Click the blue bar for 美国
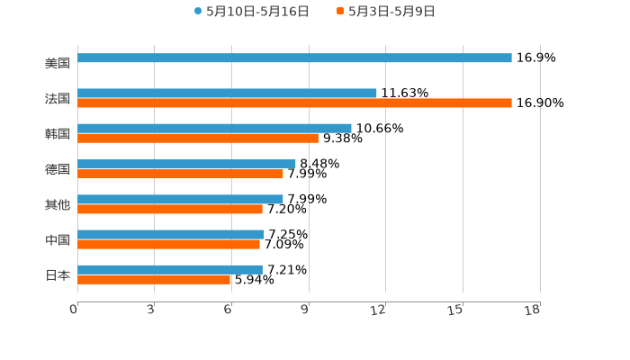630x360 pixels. point(294,58)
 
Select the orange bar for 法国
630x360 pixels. point(294,103)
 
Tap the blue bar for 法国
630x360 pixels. point(227,93)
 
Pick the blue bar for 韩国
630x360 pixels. point(214,129)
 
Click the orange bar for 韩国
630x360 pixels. point(198,139)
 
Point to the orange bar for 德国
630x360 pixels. point(180,174)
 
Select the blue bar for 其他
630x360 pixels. point(180,199)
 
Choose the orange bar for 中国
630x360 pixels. point(168,244)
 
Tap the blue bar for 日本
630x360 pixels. point(170,269)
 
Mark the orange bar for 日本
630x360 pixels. point(154,280)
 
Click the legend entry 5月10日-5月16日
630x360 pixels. point(251,12)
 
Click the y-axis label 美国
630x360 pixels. point(58,63)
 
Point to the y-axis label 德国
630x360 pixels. point(58,169)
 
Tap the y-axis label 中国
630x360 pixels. point(58,239)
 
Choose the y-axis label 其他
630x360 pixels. point(58,204)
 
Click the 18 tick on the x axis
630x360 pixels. point(532,310)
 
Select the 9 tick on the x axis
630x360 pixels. point(304,310)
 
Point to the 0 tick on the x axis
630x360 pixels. point(74,310)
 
